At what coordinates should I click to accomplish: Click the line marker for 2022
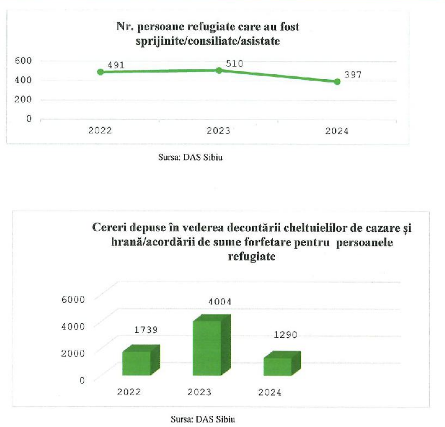click(x=100, y=72)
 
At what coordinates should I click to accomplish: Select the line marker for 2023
click(x=219, y=70)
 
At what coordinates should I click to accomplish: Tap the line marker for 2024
click(x=337, y=82)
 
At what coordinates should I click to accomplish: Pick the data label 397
click(x=353, y=75)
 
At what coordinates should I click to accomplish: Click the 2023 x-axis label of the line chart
click(x=219, y=131)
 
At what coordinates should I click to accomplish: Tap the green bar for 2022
click(x=136, y=363)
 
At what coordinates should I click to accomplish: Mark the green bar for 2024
click(x=277, y=366)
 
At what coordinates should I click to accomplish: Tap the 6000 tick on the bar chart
click(x=73, y=299)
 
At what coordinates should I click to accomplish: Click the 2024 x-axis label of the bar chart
click(x=270, y=392)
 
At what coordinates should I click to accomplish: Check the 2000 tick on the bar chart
click(x=73, y=353)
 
